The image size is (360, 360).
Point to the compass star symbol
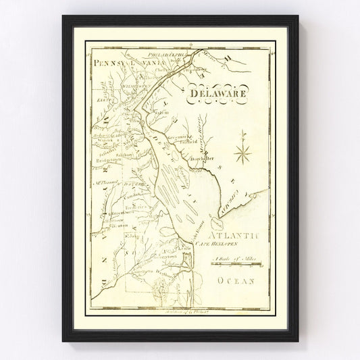click(x=242, y=154)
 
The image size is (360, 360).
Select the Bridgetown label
click(x=107, y=163)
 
